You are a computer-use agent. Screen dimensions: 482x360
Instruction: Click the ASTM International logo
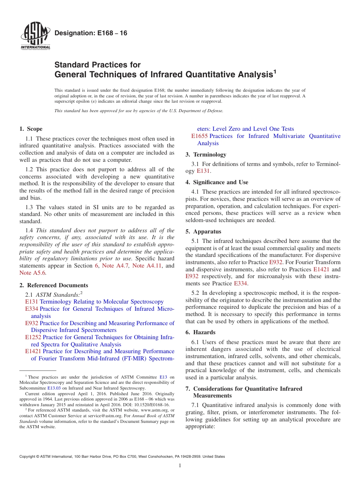click(x=35, y=36)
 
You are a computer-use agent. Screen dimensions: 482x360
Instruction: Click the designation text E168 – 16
click(x=91, y=33)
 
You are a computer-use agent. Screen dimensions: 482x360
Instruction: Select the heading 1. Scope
click(x=31, y=129)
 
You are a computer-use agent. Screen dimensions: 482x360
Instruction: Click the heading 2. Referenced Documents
click(x=54, y=285)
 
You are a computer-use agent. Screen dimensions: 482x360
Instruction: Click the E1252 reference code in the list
click(x=33, y=337)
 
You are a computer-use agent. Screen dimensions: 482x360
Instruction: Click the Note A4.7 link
click(x=116, y=266)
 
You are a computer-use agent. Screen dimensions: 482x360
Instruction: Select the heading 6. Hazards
click(x=200, y=332)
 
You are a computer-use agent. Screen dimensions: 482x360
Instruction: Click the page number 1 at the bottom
click(x=180, y=466)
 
